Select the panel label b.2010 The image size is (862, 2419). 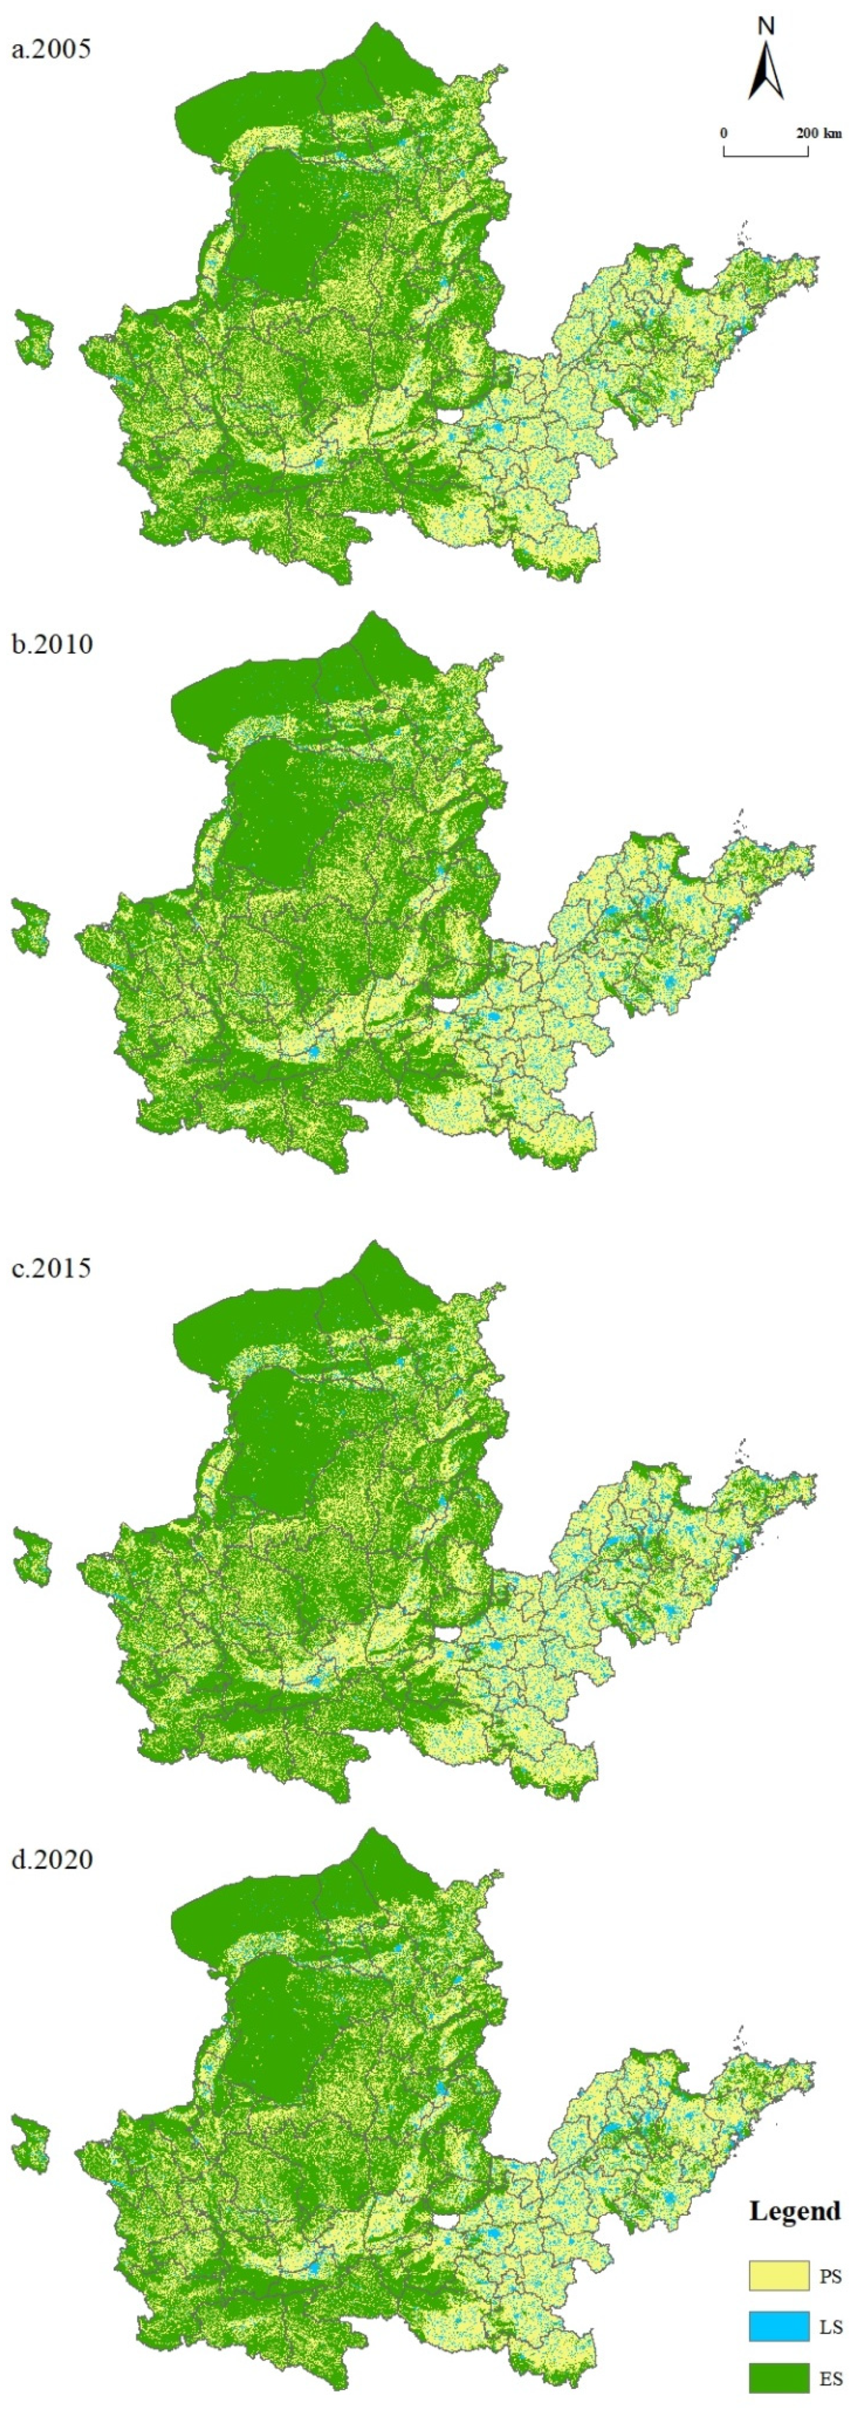tap(52, 644)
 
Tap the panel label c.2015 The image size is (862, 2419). tap(51, 1268)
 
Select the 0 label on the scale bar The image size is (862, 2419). tap(723, 133)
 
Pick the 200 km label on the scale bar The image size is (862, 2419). tap(819, 133)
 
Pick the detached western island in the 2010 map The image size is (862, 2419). tap(30, 926)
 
